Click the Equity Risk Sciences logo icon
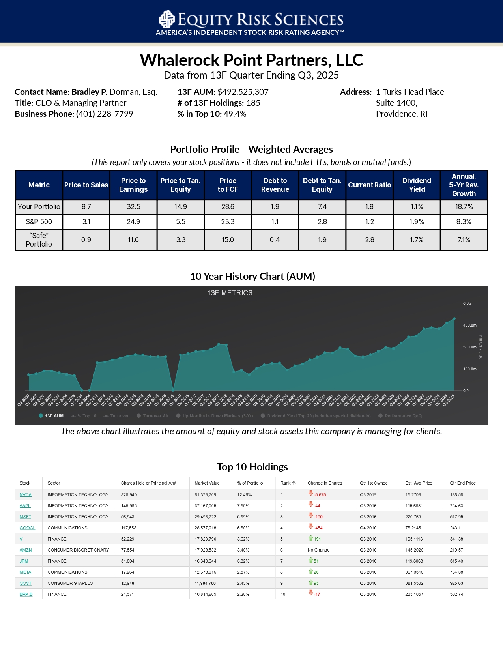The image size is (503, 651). point(166,19)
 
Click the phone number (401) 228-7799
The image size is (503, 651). point(105,114)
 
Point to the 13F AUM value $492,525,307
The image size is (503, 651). point(243,92)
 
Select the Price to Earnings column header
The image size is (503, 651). point(133,185)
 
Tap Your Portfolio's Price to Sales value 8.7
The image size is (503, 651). point(86,207)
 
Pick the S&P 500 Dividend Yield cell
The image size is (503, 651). point(417,222)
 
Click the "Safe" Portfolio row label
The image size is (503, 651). point(39,240)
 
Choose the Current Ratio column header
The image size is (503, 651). point(369,185)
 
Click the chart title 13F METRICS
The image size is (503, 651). point(230,293)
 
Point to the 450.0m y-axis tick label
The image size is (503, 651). point(469,325)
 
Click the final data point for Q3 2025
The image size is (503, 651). point(454,319)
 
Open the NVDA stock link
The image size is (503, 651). point(26,495)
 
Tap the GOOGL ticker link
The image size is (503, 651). point(27,528)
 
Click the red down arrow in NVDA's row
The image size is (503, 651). point(311,493)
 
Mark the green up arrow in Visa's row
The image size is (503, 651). point(311,538)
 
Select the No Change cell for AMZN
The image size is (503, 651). point(318,550)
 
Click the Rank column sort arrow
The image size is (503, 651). point(294,483)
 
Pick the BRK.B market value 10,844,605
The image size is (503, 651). point(206,594)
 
